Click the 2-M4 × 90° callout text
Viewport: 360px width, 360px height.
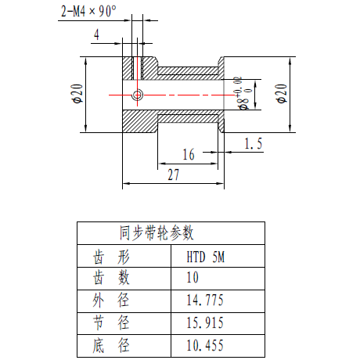pyautogui.click(x=88, y=11)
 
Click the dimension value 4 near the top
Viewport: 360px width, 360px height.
pyautogui.click(x=96, y=34)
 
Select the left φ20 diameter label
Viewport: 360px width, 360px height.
pyautogui.click(x=77, y=94)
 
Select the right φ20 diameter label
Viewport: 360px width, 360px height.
pyautogui.click(x=282, y=94)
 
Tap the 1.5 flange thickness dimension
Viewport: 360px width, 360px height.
pyautogui.click(x=253, y=144)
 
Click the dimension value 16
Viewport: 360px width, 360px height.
pyautogui.click(x=189, y=154)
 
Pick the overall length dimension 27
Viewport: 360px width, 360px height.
pyautogui.click(x=174, y=175)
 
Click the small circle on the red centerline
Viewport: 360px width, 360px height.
pyautogui.click(x=137, y=95)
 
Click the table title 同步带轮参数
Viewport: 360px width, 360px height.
pyautogui.click(x=157, y=233)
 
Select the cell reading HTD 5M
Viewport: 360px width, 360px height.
pyautogui.click(x=206, y=257)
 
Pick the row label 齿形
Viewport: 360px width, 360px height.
pyautogui.click(x=111, y=257)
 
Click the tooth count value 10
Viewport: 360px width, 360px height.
pyautogui.click(x=193, y=277)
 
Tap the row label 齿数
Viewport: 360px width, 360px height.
pyautogui.click(x=111, y=277)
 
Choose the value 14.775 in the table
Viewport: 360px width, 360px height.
pyautogui.click(x=205, y=300)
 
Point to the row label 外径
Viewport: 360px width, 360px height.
pyautogui.click(x=111, y=301)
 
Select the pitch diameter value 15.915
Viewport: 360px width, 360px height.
pyautogui.click(x=205, y=322)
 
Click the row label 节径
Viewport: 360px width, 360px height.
pyautogui.click(x=111, y=322)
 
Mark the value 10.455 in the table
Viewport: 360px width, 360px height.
pyautogui.click(x=205, y=345)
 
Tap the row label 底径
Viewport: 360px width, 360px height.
pyautogui.click(x=111, y=345)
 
